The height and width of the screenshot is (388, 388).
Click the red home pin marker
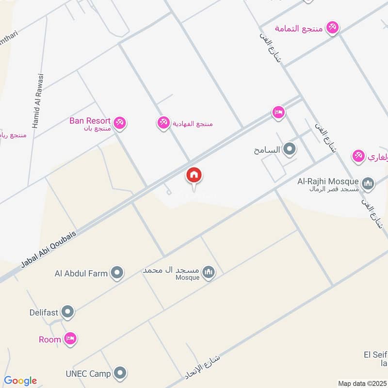[x=194, y=176]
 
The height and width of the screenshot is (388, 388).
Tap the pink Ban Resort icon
[x=121, y=123]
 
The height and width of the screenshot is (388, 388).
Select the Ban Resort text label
[x=90, y=120]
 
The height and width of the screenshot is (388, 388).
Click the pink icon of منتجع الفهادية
[x=163, y=123]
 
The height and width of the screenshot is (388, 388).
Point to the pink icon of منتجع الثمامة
[x=332, y=28]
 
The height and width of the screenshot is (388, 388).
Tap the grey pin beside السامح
[x=290, y=149]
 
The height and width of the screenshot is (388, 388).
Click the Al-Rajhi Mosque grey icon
[x=368, y=183]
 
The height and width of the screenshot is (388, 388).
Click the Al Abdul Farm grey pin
[x=116, y=274]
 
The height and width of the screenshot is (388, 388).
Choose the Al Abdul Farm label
[x=81, y=274]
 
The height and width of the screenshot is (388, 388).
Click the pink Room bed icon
[x=71, y=339]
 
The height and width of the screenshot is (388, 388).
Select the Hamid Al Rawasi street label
[x=38, y=101]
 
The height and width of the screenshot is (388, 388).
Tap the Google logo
[x=20, y=381]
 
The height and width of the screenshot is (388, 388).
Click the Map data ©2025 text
[x=362, y=383]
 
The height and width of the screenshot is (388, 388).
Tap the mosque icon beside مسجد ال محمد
[x=209, y=273]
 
